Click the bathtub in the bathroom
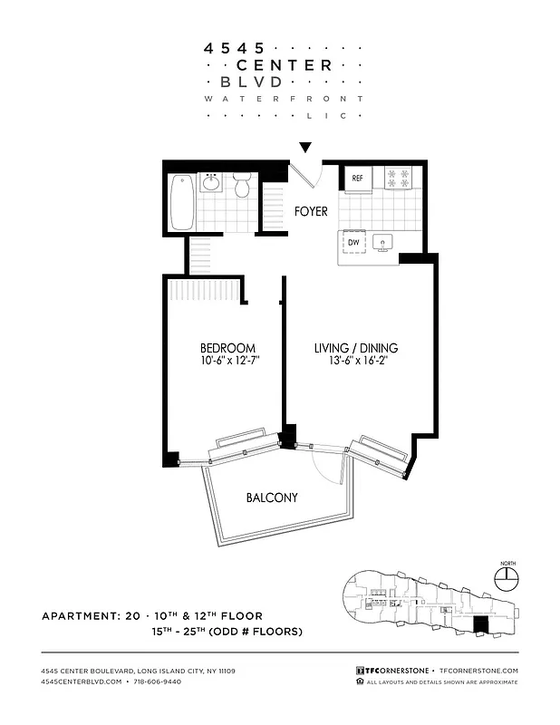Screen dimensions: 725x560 182,201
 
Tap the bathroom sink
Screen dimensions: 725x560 211,183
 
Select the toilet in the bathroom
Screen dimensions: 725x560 241,185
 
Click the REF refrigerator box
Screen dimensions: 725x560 357,179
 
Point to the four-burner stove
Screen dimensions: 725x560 398,179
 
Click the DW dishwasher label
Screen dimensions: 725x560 354,243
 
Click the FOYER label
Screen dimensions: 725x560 311,212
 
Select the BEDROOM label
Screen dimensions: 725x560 227,348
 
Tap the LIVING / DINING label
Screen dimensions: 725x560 356,348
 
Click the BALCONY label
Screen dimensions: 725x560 272,498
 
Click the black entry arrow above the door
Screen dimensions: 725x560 305,147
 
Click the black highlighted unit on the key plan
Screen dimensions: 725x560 480,625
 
